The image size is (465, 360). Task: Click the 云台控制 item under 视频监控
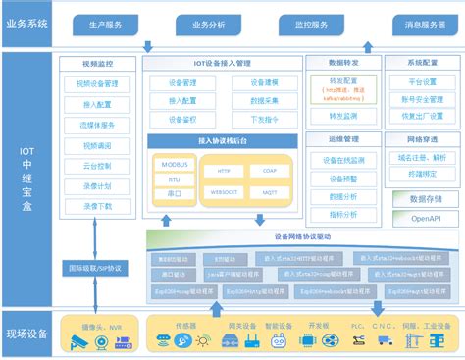(x=94, y=167)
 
